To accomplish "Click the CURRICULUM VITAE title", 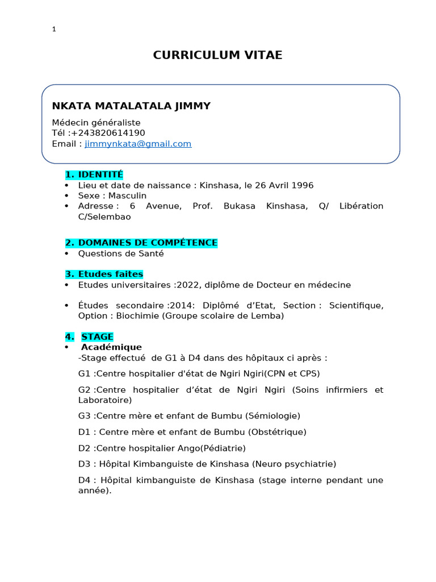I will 217,55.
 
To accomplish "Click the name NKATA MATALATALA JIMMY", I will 131,106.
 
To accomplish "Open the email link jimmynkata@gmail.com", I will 138,144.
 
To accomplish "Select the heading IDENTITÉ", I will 100,174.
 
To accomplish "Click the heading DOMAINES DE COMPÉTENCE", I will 147,243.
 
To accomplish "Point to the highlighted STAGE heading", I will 97,336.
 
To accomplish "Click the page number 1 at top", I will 53,30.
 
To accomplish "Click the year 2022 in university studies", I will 188,285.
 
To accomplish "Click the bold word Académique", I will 111,347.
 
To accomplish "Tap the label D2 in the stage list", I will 85,448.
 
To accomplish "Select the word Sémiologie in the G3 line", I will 272,415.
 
